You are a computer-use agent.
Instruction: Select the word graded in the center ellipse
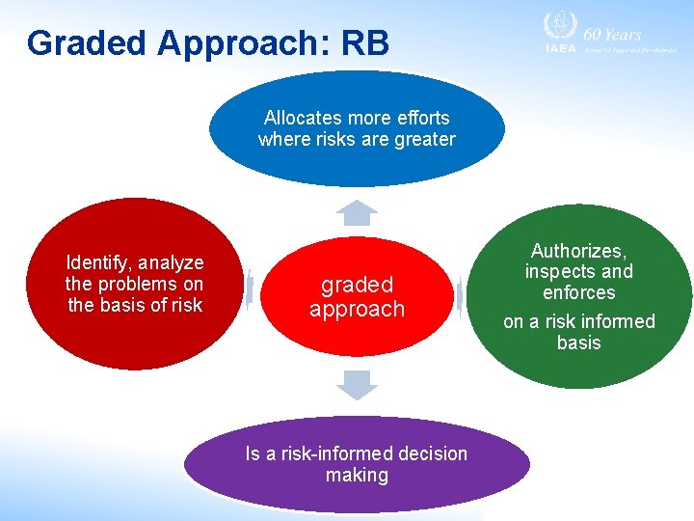(357, 285)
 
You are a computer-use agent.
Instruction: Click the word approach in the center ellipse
(357, 309)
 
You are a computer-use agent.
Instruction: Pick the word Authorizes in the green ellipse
(578, 251)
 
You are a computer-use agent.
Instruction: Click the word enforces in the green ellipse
(578, 292)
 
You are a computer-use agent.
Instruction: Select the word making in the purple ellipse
(357, 475)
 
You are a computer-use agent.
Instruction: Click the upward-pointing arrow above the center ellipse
(358, 212)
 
